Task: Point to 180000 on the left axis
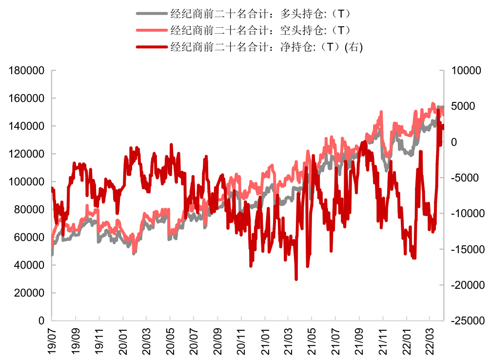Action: [27, 71]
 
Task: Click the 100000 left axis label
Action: [27, 182]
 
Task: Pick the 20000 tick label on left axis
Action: [29, 293]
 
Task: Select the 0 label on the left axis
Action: [41, 321]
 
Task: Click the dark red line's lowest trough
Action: [296, 279]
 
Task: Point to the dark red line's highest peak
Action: [438, 111]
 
